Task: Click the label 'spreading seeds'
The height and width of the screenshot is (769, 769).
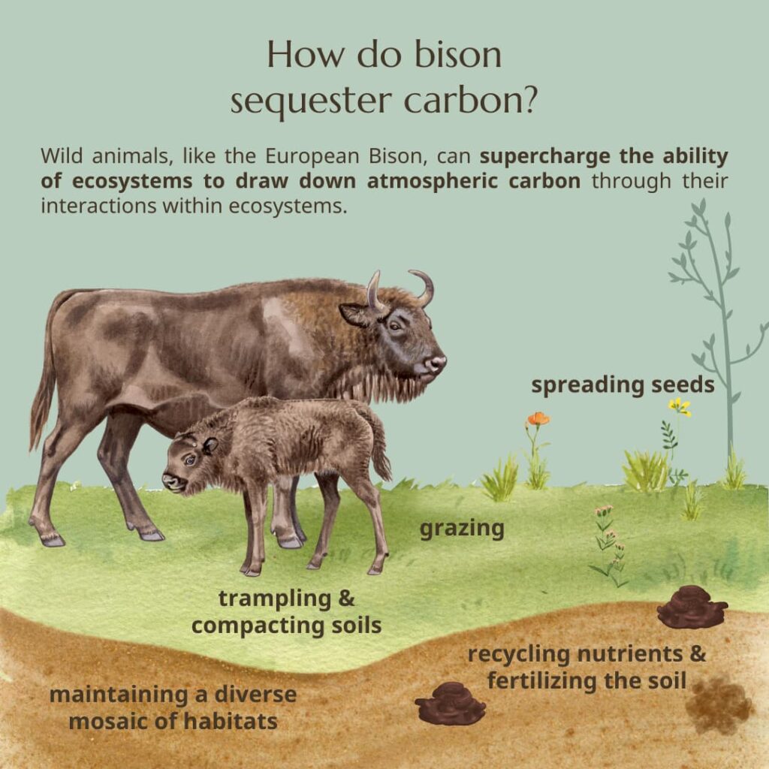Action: [623, 385]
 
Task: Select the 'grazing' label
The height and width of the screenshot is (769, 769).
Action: [461, 528]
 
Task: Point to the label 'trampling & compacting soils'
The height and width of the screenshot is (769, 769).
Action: [286, 611]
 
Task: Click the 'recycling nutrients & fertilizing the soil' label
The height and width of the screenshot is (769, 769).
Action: [587, 667]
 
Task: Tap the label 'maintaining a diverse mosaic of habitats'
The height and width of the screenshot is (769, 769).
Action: [173, 707]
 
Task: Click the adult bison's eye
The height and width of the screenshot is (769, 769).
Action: [395, 324]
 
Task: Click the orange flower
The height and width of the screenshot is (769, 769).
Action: [538, 419]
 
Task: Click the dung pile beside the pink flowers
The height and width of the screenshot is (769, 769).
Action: [692, 607]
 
